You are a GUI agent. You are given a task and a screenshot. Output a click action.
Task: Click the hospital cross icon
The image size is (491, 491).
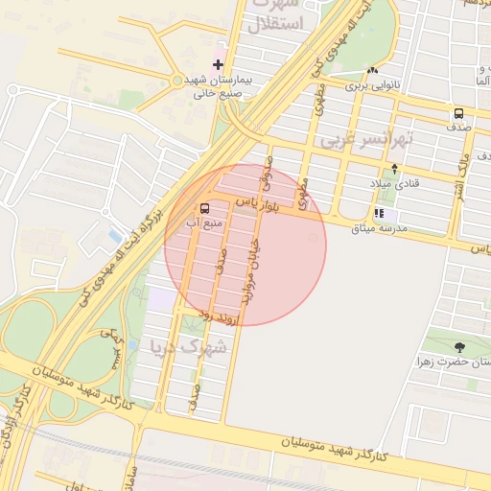click(x=218, y=63)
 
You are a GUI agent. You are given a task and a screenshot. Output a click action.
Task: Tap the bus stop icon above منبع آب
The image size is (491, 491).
click(x=204, y=208)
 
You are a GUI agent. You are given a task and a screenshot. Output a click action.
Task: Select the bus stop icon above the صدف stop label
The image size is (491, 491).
click(x=458, y=113)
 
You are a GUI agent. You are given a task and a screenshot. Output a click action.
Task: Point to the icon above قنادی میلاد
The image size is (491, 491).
click(x=394, y=168)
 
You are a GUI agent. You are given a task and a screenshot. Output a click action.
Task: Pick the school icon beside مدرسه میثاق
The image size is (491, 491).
click(x=379, y=214)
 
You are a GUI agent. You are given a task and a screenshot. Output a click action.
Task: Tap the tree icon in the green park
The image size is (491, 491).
click(x=460, y=346)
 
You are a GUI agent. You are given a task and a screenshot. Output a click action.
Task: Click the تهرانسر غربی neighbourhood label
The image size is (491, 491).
click(x=366, y=141)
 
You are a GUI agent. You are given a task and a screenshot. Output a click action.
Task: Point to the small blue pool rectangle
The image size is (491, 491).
click(x=115, y=235)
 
